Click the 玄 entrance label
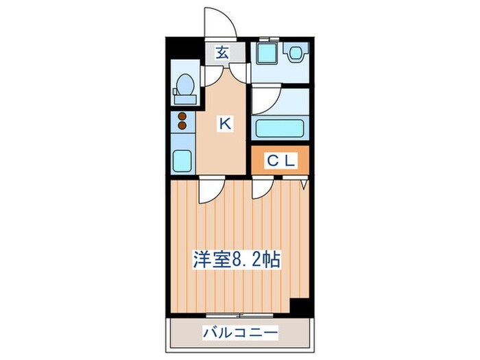pyautogui.click(x=223, y=53)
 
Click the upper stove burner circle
pyautogui.click(x=182, y=117)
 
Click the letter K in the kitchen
pyautogui.click(x=224, y=124)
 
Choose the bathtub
pyautogui.click(x=280, y=128)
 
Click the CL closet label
pyautogui.click(x=280, y=162)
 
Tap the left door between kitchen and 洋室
pyautogui.click(x=209, y=191)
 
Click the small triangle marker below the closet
pyautogui.click(x=304, y=185)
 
